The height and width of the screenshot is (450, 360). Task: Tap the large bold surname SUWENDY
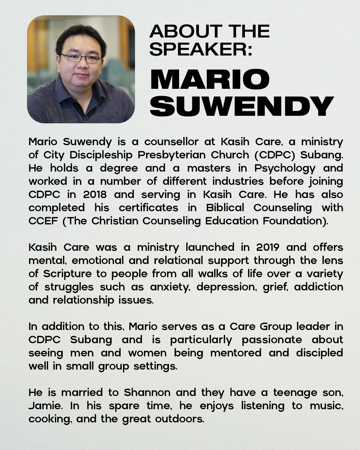pyautogui.click(x=242, y=106)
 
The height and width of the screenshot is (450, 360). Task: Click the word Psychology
pyautogui.click(x=285, y=168)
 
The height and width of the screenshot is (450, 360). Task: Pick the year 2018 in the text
pyautogui.click(x=95, y=194)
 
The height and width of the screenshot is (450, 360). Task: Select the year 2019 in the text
pyautogui.click(x=268, y=247)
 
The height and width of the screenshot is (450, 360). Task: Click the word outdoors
pyautogui.click(x=179, y=419)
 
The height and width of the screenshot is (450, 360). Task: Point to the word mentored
pyautogui.click(x=236, y=353)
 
